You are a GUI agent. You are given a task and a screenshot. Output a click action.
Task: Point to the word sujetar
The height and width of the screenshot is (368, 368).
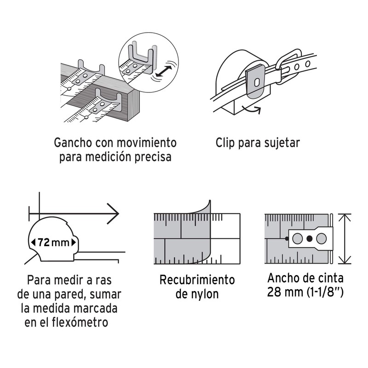[x=281, y=143]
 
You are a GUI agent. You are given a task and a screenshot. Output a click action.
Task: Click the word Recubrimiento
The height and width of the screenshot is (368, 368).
[x=197, y=280]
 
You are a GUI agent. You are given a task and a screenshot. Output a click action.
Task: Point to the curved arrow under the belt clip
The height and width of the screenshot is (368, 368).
[x=252, y=110]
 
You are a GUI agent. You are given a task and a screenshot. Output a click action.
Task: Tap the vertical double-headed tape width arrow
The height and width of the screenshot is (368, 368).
[x=344, y=238]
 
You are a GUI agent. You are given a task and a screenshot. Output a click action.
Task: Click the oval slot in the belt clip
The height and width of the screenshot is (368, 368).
[x=258, y=83]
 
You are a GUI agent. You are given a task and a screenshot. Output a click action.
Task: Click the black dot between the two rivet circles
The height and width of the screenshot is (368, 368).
[x=310, y=238]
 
